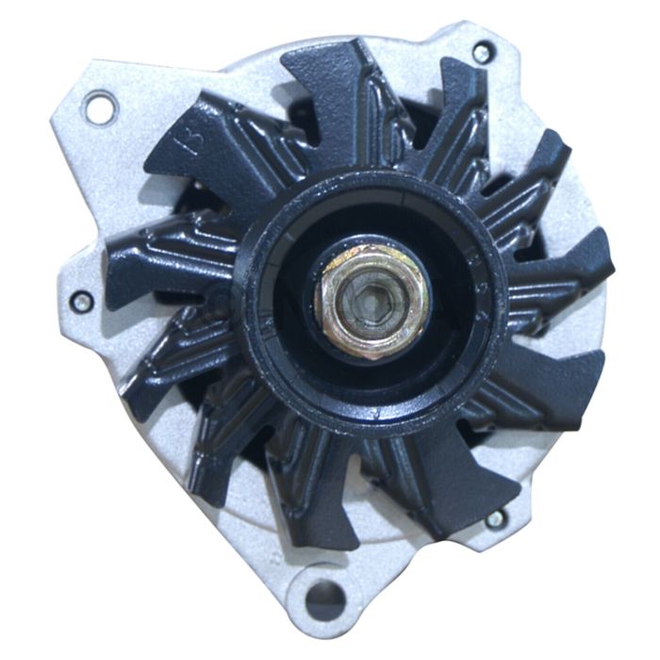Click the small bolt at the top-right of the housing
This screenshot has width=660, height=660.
tap(483, 53)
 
